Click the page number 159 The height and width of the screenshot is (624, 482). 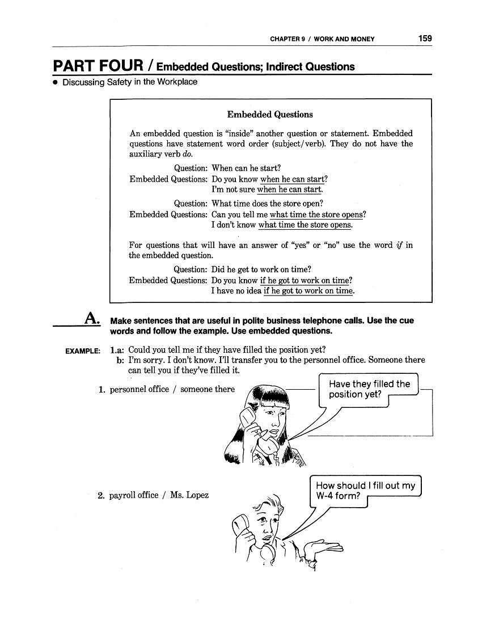click(425, 39)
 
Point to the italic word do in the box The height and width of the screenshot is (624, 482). click(188, 154)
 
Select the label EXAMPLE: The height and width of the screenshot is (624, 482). click(83, 352)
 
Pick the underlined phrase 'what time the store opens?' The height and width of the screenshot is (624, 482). click(318, 214)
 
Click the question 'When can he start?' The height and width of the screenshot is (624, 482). click(246, 168)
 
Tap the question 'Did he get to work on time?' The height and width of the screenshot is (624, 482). click(261, 269)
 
